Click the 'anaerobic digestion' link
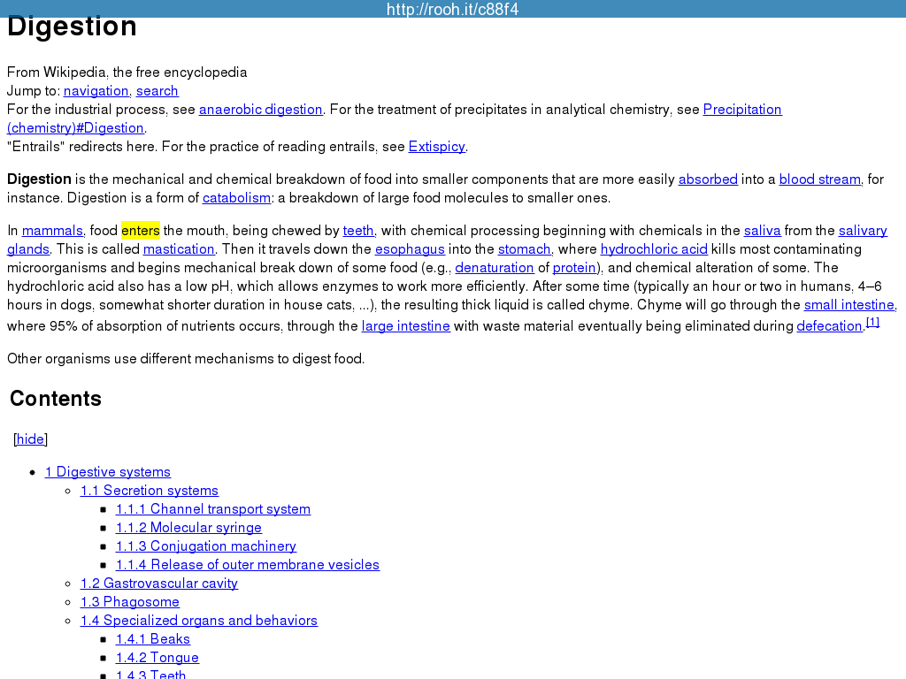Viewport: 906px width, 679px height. (260, 110)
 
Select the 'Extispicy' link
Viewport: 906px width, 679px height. (436, 147)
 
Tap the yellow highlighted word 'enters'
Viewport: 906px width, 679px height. (141, 231)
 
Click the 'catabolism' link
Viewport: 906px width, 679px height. (236, 198)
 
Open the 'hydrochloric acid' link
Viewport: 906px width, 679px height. (654, 249)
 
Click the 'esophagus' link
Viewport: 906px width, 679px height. (410, 249)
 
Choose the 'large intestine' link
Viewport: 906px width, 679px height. (405, 326)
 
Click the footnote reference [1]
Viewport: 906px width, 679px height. (872, 323)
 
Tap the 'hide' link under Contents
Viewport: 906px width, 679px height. (30, 439)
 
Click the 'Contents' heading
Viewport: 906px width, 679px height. (56, 399)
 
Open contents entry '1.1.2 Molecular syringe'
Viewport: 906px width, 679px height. (188, 528)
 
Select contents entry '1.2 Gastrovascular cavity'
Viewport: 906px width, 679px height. (159, 584)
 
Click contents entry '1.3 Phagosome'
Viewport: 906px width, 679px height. (130, 602)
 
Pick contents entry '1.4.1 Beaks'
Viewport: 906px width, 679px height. (153, 639)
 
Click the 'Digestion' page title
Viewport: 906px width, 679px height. (72, 27)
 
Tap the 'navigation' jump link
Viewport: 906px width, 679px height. (96, 91)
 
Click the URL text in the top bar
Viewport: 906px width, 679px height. (453, 10)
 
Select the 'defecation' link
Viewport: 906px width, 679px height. (829, 326)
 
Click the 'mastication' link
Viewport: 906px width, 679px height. (179, 249)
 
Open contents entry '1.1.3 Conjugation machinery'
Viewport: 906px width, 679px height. (206, 546)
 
